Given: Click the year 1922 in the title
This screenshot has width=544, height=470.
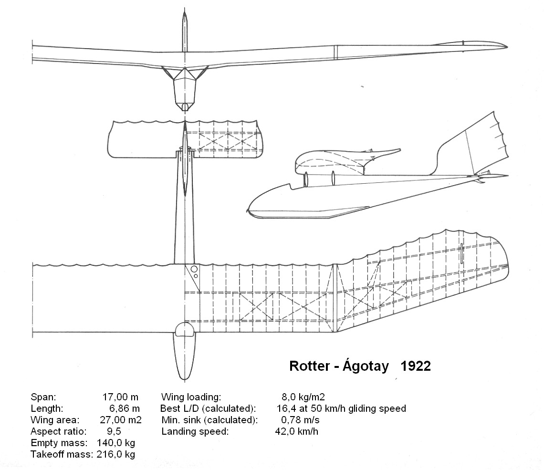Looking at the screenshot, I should (416, 366).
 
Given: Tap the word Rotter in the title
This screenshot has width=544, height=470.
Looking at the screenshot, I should (310, 366).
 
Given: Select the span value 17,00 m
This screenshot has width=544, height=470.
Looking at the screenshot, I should (120, 397).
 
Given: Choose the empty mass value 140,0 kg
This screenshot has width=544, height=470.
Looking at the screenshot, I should (115, 443).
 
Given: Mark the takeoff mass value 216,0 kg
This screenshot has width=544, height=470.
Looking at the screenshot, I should (115, 454).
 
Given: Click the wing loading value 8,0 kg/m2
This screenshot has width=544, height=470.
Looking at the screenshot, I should (303, 397).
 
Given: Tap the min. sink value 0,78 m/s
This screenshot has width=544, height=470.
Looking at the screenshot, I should (301, 420).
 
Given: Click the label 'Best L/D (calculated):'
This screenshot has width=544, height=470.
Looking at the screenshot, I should (209, 408).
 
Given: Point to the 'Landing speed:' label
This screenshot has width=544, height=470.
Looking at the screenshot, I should (195, 431).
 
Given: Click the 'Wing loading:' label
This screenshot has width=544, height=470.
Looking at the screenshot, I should (191, 397).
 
